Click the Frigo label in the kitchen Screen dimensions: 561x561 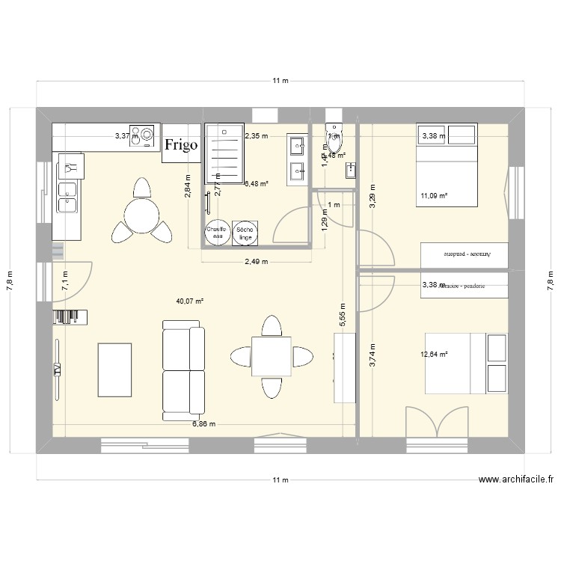[x=182, y=144]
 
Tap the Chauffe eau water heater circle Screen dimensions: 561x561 [x=218, y=233]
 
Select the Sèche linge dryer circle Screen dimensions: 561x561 [x=244, y=233]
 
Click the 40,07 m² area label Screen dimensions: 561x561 [x=190, y=301]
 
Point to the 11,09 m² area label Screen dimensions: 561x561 [x=433, y=196]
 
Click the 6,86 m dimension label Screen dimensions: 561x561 [x=203, y=424]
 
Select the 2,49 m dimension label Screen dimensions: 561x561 [x=257, y=262]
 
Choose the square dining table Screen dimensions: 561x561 [x=272, y=356]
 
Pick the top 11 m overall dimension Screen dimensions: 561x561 [x=280, y=81]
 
